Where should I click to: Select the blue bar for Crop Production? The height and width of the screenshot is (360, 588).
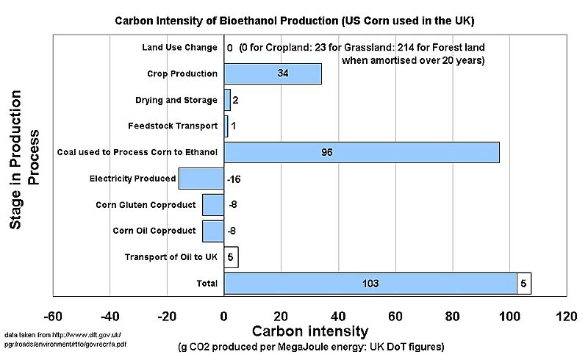pyautogui.click(x=273, y=73)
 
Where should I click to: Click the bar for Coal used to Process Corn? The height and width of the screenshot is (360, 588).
pyautogui.click(x=362, y=152)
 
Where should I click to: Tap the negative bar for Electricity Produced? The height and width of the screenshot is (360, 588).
pyautogui.click(x=201, y=179)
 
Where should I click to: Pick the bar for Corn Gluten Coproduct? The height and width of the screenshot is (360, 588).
pyautogui.click(x=213, y=205)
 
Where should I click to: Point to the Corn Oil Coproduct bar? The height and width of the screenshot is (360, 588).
pyautogui.click(x=213, y=231)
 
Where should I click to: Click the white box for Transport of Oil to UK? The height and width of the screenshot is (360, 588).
pyautogui.click(x=231, y=257)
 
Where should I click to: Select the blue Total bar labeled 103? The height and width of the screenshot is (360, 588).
pyautogui.click(x=370, y=283)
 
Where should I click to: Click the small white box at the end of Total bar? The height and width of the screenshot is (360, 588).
pyautogui.click(x=523, y=283)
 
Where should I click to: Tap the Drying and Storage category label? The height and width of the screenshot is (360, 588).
pyautogui.click(x=176, y=100)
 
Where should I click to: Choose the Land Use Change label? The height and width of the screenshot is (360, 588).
pyautogui.click(x=179, y=48)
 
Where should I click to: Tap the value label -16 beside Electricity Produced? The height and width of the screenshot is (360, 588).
pyautogui.click(x=234, y=179)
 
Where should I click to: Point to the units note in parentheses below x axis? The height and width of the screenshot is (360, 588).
pyautogui.click(x=311, y=346)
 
